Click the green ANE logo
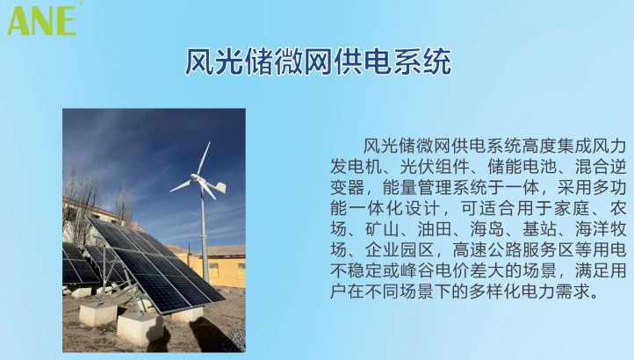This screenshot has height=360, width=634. point(42,20)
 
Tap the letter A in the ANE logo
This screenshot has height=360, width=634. point(18,20)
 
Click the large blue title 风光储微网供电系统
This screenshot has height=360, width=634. point(318,61)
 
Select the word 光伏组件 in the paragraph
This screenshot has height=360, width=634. point(435,167)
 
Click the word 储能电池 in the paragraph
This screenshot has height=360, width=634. point(522,167)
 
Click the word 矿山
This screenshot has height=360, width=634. point(383,229)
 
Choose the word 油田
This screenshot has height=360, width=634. point(435,229)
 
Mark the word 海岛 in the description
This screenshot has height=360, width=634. point(487,229)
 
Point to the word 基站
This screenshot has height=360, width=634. point(540,229)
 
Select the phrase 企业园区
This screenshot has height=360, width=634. point(400,250)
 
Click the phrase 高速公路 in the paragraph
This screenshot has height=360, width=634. point(487,250)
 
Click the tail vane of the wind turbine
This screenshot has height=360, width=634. point(220,187)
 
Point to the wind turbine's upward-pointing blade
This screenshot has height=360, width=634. point(205,158)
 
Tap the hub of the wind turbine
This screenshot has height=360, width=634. point(196,178)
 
